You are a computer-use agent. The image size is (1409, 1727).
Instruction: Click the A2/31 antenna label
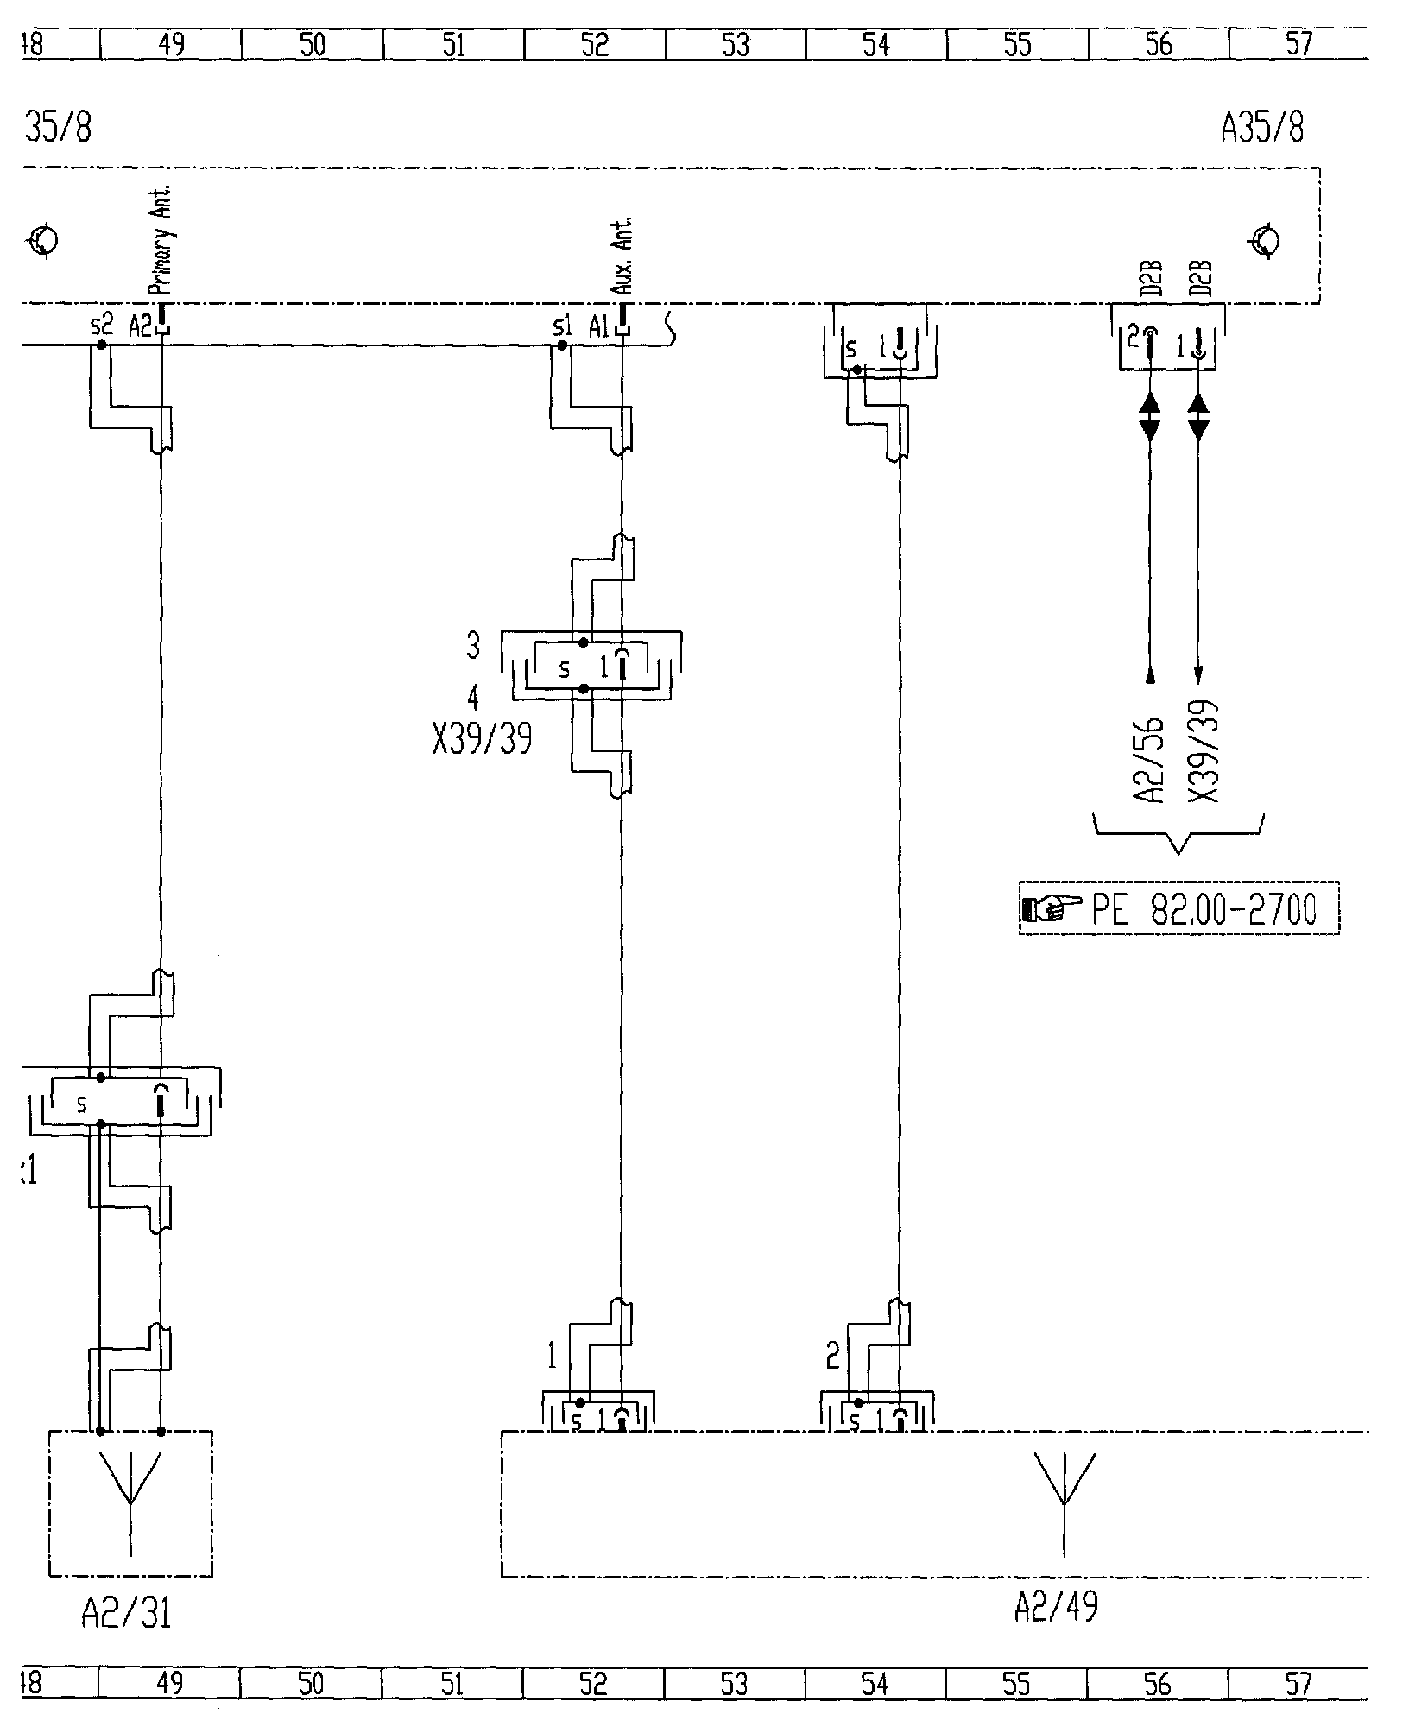(x=126, y=1611)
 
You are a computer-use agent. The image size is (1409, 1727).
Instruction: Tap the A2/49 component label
(x=1056, y=1606)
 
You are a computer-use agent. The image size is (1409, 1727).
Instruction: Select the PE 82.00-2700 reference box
(x=1178, y=908)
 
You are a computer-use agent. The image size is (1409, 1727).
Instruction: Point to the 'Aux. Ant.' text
(x=626, y=256)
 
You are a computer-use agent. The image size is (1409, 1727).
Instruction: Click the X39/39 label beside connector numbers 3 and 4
(x=482, y=738)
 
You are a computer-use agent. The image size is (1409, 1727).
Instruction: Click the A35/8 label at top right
(x=1261, y=128)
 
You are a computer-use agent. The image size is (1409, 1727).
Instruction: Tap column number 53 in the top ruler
(x=735, y=45)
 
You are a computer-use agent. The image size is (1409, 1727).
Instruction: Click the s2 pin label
(x=101, y=326)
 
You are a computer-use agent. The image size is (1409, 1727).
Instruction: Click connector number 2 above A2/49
(x=832, y=1357)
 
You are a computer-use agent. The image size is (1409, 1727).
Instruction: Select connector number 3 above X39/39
(x=473, y=645)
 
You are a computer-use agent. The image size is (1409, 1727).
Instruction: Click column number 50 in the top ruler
(x=313, y=45)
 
